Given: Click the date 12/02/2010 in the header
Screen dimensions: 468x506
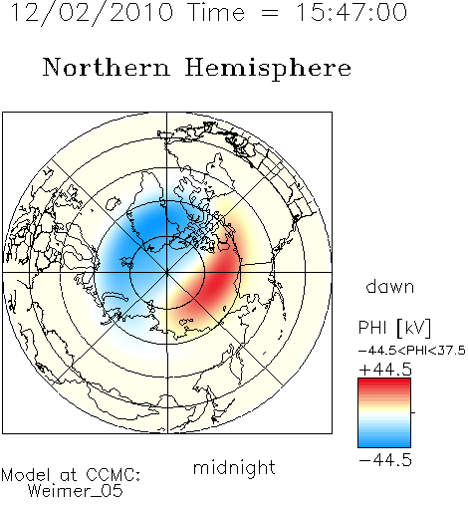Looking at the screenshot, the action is tap(92, 13).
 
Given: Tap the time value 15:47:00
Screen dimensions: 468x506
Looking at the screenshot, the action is tap(351, 12).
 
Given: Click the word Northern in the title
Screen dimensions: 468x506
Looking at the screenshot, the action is tap(107, 67).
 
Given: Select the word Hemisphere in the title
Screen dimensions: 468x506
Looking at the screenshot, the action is tap(268, 69).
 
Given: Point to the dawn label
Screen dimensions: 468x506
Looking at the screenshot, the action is tap(390, 286).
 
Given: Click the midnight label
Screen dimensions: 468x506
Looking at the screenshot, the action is tap(234, 467).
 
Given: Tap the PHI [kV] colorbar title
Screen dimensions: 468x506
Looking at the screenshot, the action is tap(394, 328).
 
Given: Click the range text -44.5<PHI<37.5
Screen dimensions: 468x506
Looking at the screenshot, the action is tap(412, 351).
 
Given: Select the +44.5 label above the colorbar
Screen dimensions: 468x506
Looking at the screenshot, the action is tap(385, 370).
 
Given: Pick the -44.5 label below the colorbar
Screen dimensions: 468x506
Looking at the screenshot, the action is tap(385, 460).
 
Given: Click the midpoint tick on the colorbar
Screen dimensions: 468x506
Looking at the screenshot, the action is tap(413, 412).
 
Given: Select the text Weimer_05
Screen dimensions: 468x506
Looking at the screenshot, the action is tap(76, 490).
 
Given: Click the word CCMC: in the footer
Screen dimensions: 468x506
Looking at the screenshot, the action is tap(114, 475).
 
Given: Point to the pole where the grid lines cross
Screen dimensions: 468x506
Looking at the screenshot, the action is tap(167, 273).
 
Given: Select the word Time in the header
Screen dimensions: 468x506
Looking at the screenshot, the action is tap(216, 12).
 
